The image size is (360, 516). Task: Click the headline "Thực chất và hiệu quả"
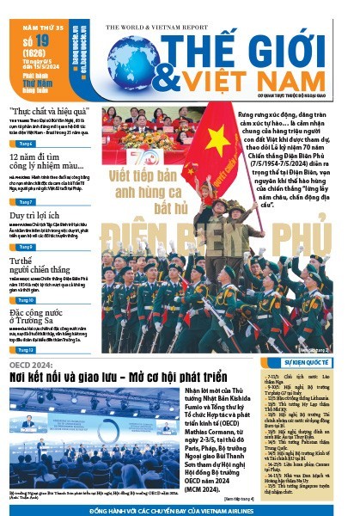click(x=50, y=112)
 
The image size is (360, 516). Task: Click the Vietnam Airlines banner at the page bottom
click(x=180, y=509)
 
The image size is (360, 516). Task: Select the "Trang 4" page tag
click(x=27, y=144)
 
